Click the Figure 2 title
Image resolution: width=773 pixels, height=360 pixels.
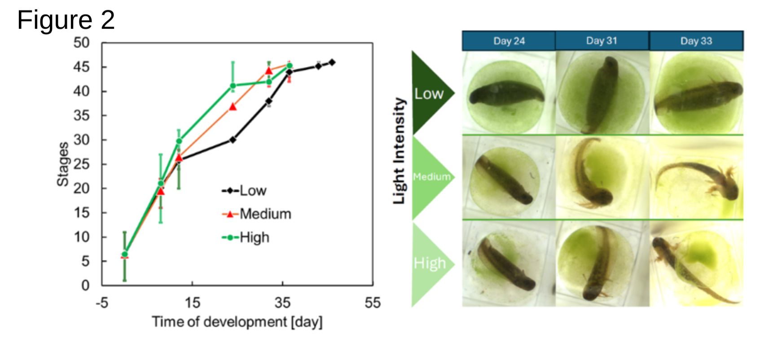tap(66, 20)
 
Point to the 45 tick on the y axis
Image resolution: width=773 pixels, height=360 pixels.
tap(82, 67)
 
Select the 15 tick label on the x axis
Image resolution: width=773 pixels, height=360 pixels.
tap(192, 303)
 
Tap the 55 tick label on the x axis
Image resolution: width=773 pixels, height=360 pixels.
tap(372, 303)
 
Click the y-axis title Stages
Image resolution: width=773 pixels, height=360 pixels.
tap(63, 164)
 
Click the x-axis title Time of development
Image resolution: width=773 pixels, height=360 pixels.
tap(219, 322)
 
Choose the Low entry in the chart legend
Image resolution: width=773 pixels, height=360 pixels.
tap(244, 190)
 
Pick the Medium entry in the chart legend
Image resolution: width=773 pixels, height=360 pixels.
tap(256, 214)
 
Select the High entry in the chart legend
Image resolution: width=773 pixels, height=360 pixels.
tap(246, 237)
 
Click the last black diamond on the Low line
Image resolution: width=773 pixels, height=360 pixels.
tap(332, 62)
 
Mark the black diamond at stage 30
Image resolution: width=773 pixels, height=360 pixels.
tap(233, 140)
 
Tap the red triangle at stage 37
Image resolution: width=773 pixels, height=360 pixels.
tap(233, 106)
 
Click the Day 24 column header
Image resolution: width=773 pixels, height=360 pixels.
tap(509, 41)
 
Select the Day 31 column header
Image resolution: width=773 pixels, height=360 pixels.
tap(602, 41)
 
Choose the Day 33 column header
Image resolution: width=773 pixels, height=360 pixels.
tap(696, 41)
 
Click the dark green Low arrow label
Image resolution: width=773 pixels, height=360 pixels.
tap(429, 93)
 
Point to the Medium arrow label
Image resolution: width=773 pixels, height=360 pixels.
tap(431, 177)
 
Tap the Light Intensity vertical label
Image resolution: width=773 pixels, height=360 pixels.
tap(399, 151)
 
